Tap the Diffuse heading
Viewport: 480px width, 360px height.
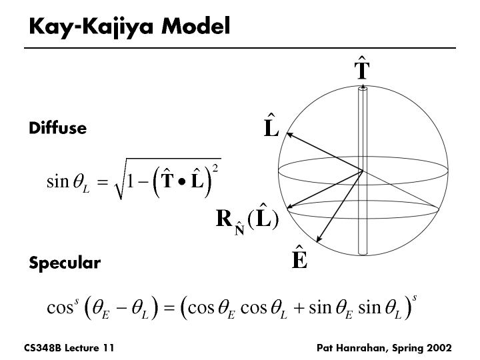(x=57, y=128)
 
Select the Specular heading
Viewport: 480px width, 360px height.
(x=65, y=263)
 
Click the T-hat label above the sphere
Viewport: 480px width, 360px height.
(x=361, y=70)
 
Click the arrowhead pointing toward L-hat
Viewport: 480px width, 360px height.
(x=290, y=135)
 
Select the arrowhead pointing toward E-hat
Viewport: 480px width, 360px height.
(x=317, y=239)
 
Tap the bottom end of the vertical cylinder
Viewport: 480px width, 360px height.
(x=362, y=252)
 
